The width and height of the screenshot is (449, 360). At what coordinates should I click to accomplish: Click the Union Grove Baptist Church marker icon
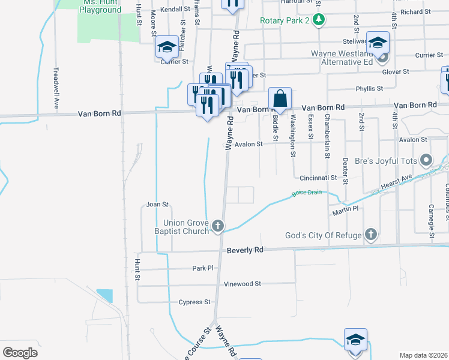click(218, 226)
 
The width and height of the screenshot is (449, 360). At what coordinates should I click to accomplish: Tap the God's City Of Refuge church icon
click(371, 235)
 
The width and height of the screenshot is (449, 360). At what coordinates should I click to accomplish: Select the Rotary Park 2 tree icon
click(320, 20)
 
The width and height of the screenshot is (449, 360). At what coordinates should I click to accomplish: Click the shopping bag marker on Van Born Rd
click(280, 98)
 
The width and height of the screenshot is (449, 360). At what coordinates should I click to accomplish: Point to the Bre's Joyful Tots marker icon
click(426, 160)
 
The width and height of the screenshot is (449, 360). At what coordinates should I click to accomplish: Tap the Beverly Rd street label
click(246, 250)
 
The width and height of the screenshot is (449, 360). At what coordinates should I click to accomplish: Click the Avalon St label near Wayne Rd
click(249, 144)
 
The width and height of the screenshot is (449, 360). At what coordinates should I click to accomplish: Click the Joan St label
click(157, 205)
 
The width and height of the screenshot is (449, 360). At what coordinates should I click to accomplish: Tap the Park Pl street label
click(203, 268)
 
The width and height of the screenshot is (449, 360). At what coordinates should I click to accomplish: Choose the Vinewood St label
click(242, 284)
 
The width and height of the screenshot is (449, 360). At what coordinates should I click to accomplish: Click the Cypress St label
click(194, 302)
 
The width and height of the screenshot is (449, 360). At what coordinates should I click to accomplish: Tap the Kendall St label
click(171, 10)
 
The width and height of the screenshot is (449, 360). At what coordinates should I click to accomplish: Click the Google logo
click(20, 353)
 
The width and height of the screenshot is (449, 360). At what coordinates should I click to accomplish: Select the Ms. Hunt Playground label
click(100, 7)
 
